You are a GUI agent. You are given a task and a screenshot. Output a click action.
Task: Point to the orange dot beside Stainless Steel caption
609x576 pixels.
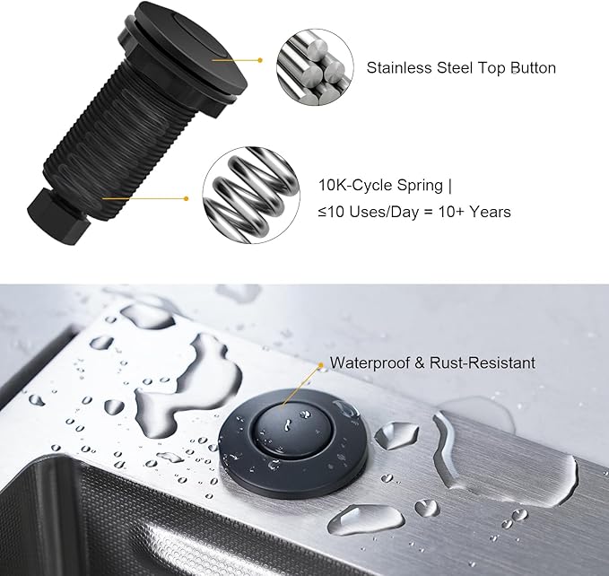tap(260, 61)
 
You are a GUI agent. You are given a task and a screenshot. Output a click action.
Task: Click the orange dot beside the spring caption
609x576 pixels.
tap(186, 198)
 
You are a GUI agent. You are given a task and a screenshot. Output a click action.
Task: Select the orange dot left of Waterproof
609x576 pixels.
tap(320, 364)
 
